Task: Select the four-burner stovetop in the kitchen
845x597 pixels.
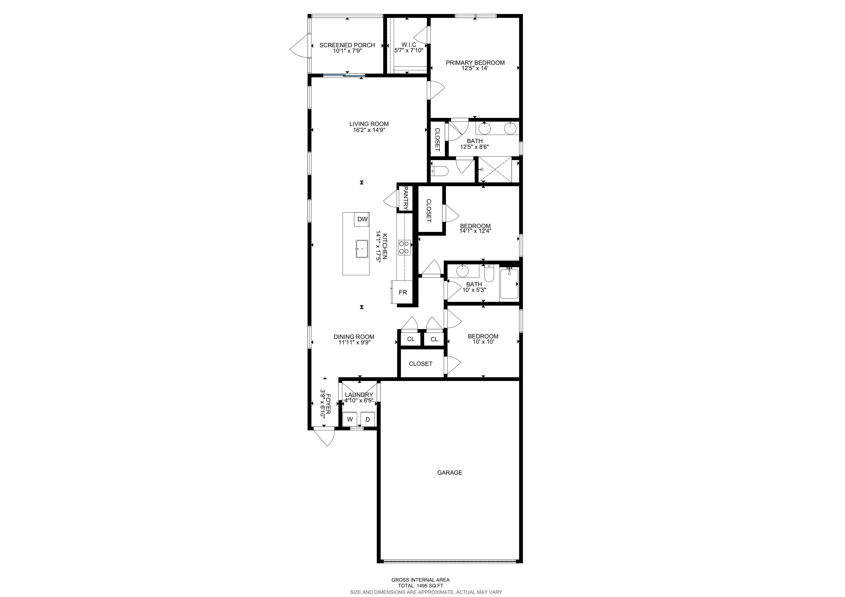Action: [x=404, y=247]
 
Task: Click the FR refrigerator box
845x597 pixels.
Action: [x=403, y=292]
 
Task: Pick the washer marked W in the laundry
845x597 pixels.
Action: [x=350, y=419]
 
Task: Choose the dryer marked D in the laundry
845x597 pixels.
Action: [x=367, y=419]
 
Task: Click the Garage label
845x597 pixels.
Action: [x=450, y=473]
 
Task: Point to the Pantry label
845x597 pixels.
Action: [x=406, y=198]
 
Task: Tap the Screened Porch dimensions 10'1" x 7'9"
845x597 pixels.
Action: [x=347, y=51]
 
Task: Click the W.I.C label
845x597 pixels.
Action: [x=409, y=45]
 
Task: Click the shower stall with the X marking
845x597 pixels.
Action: [x=495, y=169]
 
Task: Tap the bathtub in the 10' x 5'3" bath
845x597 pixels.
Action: [x=509, y=284]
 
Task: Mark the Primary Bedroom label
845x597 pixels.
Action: [x=475, y=63]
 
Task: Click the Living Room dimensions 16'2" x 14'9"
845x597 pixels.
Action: [x=369, y=130]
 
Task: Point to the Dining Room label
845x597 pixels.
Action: [x=354, y=337]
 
